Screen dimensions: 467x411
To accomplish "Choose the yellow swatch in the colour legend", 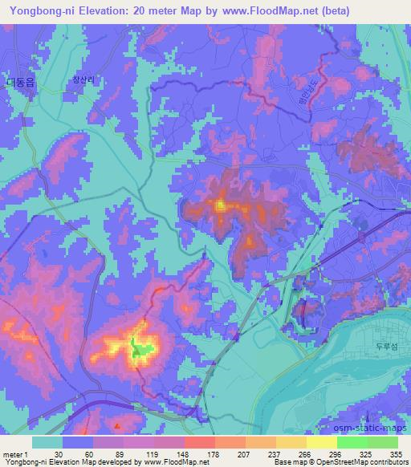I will pos(321,443).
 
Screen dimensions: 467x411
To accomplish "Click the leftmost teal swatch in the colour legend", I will pos(47,443).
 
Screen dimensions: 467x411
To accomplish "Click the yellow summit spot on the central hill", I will pos(219,206).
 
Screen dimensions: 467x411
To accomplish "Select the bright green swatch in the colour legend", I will pos(352,443).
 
